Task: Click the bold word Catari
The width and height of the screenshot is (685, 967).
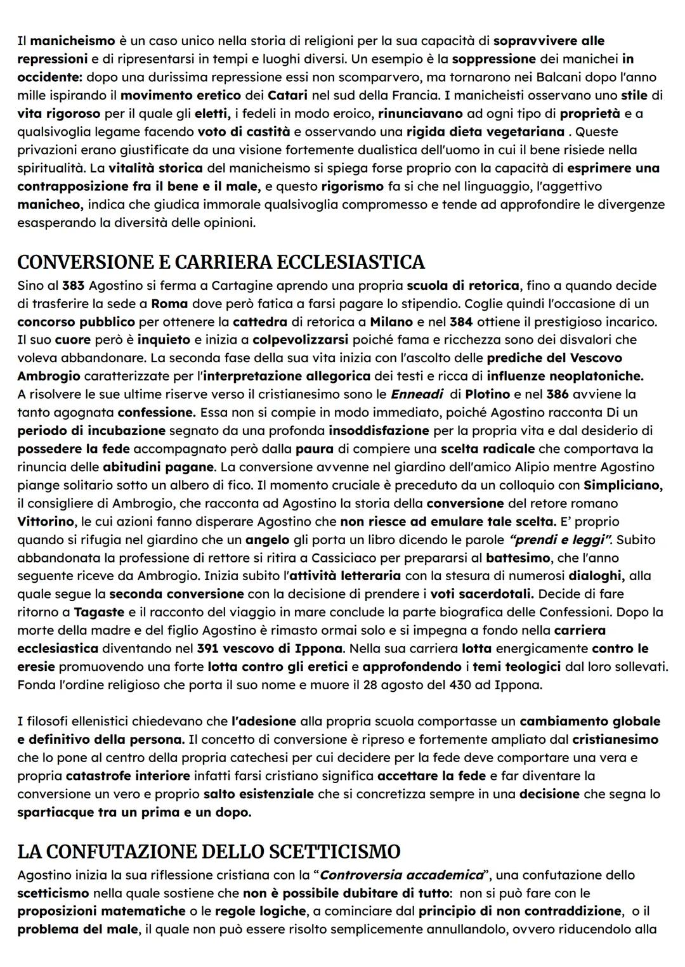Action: [287, 96]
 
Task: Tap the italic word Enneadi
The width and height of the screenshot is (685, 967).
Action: [417, 394]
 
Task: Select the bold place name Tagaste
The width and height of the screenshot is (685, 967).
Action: [100, 613]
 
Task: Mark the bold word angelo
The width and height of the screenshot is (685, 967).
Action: [267, 540]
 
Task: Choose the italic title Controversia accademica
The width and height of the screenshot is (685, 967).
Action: [401, 875]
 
